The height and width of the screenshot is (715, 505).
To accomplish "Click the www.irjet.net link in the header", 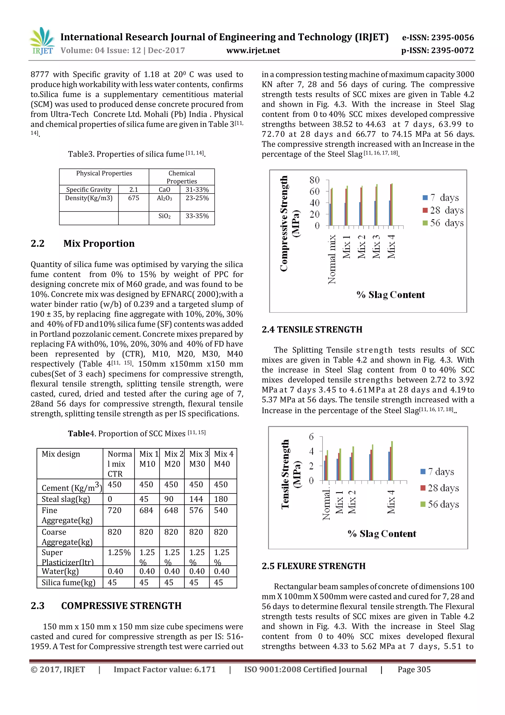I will click(253, 50).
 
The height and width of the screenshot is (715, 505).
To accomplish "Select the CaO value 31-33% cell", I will click(197, 189).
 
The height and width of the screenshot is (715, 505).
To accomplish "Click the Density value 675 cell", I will click(133, 198).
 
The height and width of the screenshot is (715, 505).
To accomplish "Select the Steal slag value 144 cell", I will click(196, 499).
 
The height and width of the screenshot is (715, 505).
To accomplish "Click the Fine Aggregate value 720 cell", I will click(114, 510).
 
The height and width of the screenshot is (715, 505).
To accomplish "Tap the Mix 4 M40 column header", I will click(223, 459).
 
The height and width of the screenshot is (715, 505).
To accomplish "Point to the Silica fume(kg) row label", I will click(69, 582).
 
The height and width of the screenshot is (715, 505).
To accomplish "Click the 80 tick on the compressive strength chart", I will click(314, 180).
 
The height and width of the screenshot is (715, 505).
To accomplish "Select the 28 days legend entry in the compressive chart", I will click(443, 210).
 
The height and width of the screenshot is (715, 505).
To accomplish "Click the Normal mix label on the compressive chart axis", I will click(332, 259).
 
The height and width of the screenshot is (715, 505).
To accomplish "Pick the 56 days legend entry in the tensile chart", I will click(440, 504).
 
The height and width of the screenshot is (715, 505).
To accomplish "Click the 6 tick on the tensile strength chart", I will click(311, 437).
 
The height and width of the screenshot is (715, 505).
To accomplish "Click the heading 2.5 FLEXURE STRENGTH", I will click(313, 566).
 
